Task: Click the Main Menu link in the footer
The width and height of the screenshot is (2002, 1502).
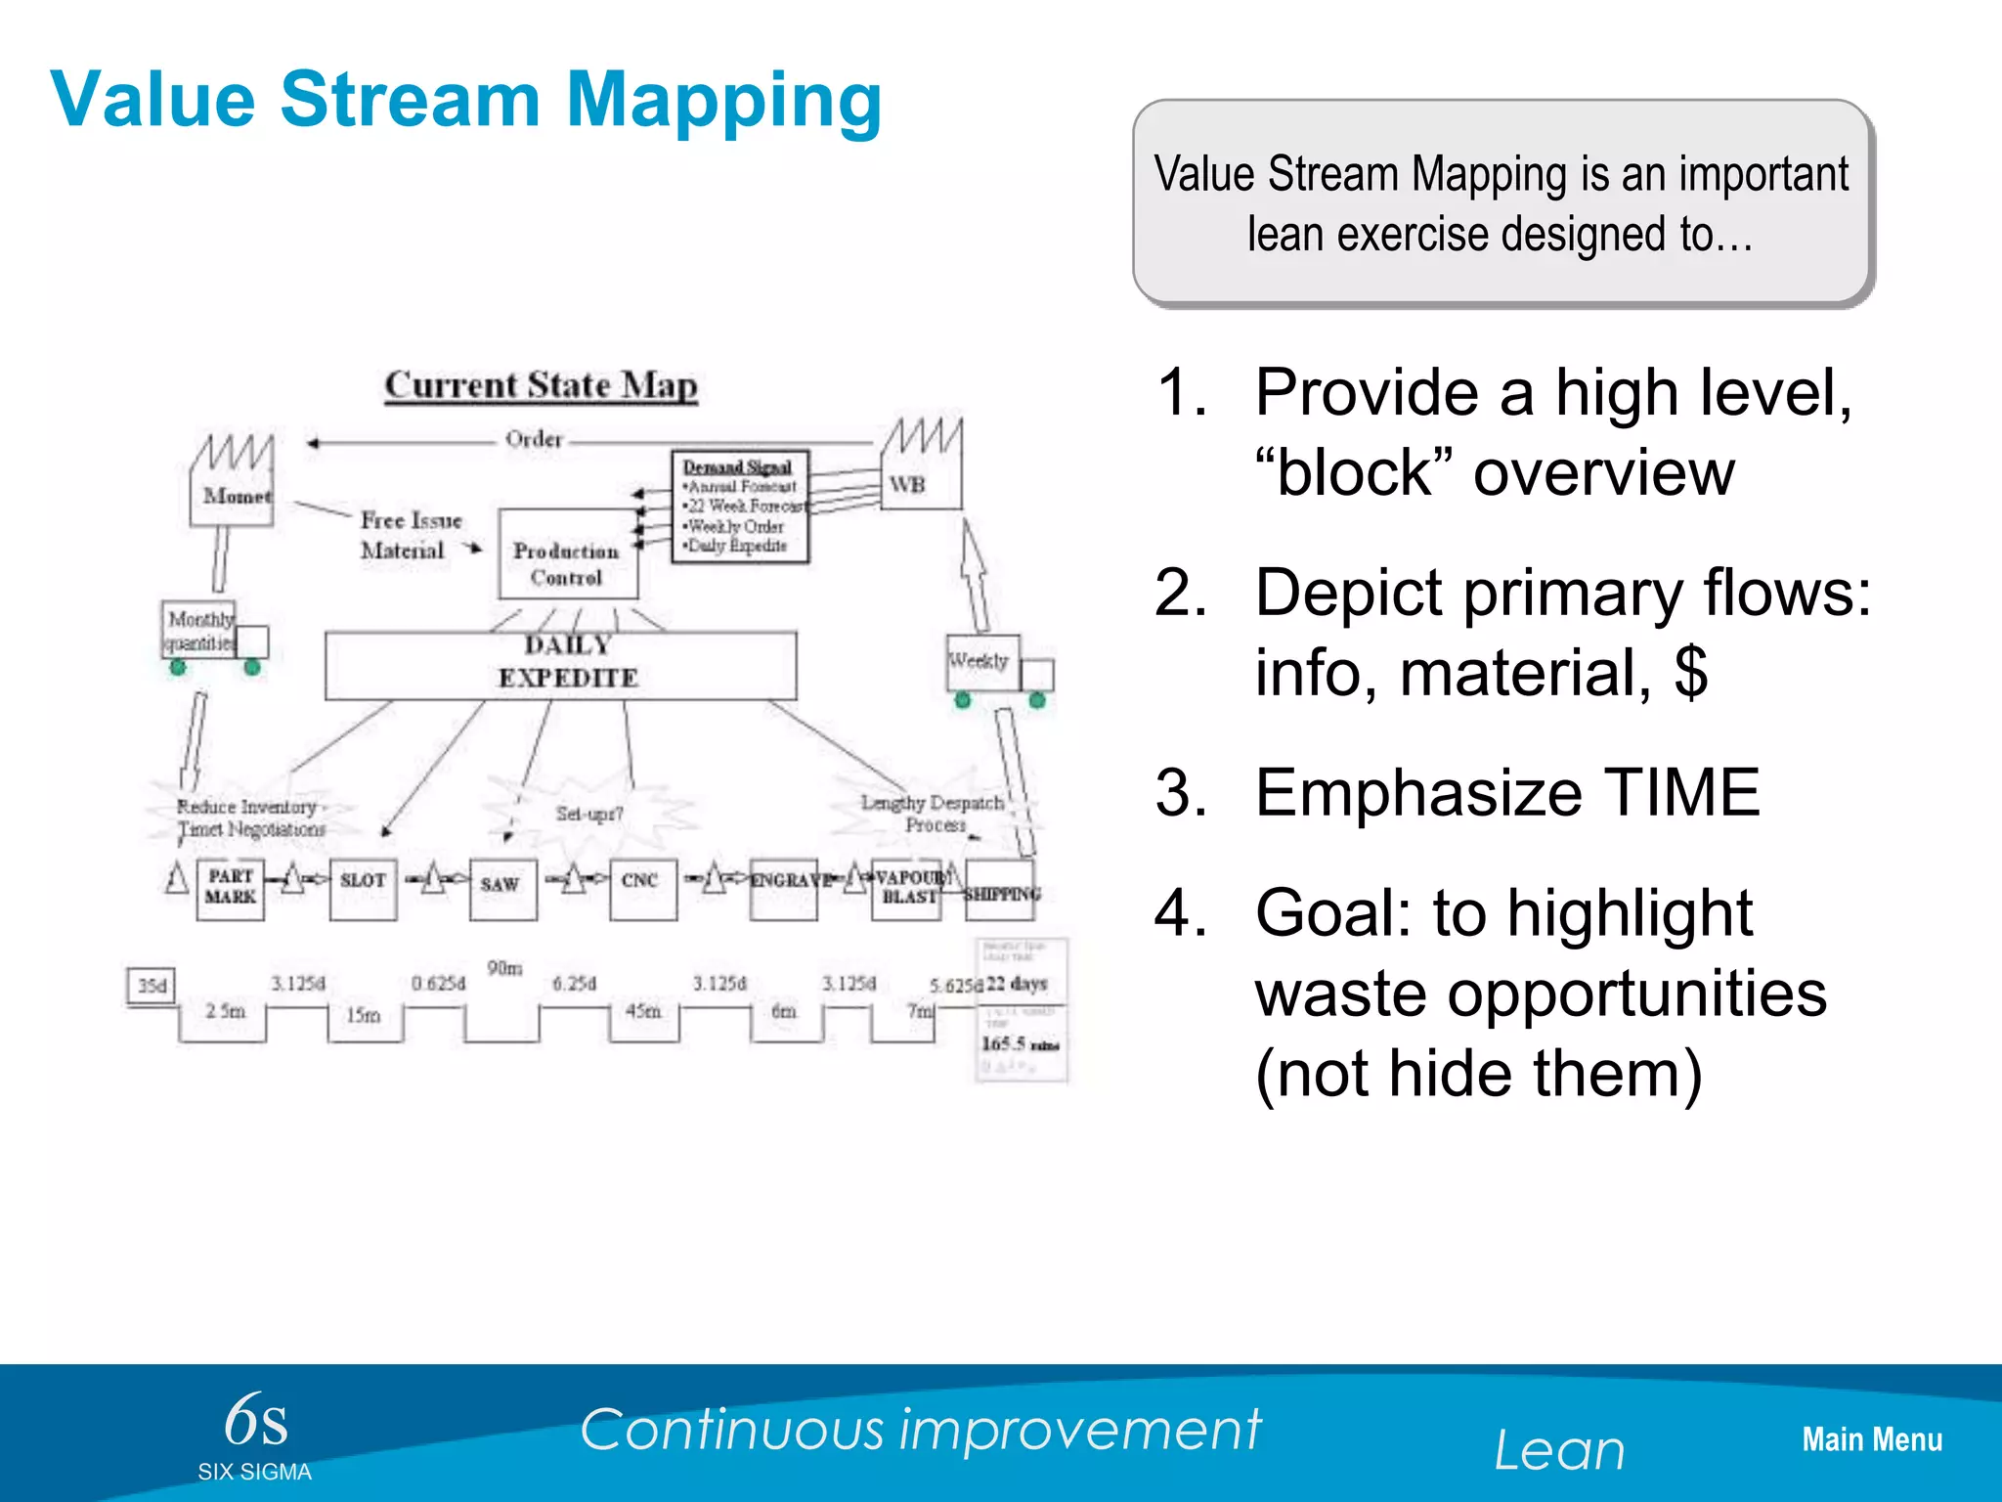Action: (x=1871, y=1439)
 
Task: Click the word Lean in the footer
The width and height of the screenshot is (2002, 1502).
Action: (x=1559, y=1449)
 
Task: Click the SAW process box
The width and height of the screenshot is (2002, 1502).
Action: (x=502, y=888)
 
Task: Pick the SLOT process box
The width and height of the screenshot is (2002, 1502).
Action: (x=363, y=888)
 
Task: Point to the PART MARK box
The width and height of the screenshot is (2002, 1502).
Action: (x=230, y=888)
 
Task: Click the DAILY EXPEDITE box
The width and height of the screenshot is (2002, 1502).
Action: (x=561, y=664)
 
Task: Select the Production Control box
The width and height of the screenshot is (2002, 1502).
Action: (x=567, y=554)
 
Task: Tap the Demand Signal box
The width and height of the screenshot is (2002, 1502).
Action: (x=740, y=507)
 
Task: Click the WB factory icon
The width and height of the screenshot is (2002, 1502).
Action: (x=920, y=468)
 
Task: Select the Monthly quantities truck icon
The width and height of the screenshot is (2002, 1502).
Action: (x=213, y=635)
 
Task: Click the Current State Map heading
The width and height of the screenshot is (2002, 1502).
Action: (x=541, y=385)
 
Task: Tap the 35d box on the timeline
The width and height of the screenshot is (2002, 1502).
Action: (x=152, y=985)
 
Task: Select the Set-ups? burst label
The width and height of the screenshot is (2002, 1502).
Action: (x=588, y=814)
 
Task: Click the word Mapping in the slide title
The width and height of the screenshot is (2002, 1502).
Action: (x=723, y=99)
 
